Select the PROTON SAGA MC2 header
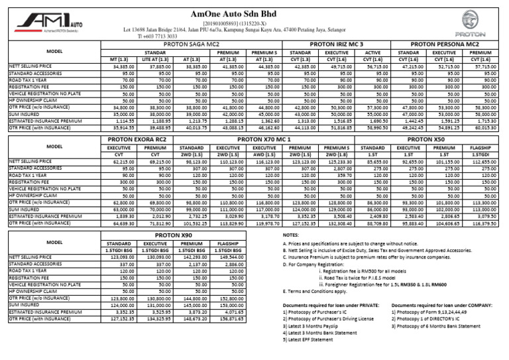tap(190, 44)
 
